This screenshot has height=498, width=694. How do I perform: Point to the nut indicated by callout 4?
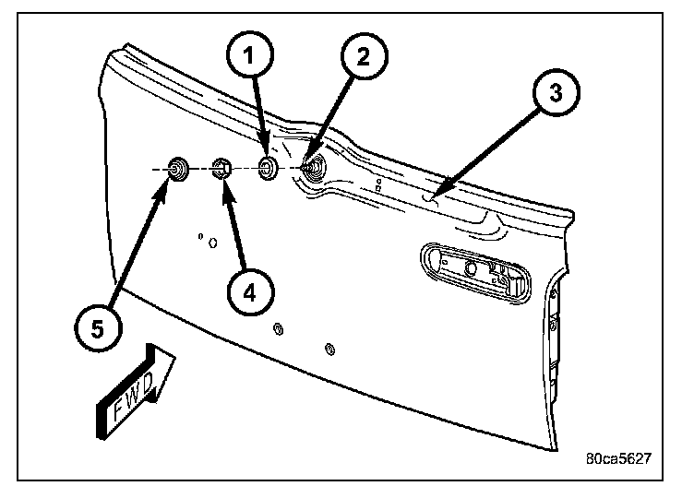(x=221, y=168)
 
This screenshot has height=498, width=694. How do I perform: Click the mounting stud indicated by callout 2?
(x=314, y=167)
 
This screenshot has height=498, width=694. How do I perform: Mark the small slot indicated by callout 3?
(x=431, y=195)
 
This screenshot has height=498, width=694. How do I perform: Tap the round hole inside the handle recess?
(x=471, y=268)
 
